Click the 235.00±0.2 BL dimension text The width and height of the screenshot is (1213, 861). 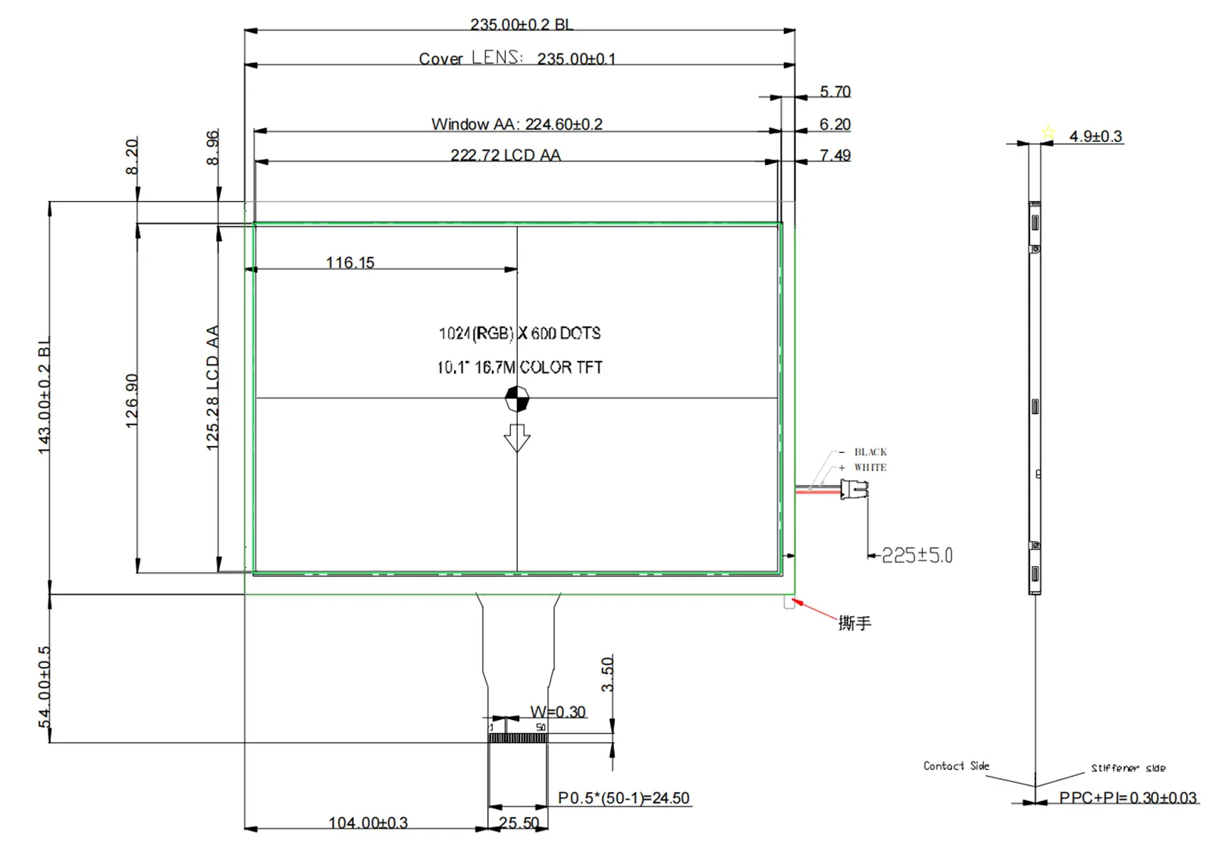pyautogui.click(x=521, y=24)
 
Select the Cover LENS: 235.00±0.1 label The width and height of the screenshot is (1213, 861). pyautogui.click(x=517, y=58)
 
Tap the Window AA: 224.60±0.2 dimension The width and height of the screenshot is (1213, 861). pyautogui.click(x=517, y=124)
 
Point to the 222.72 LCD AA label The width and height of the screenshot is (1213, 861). pyautogui.click(x=506, y=155)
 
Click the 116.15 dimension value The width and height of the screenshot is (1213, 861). pyautogui.click(x=350, y=262)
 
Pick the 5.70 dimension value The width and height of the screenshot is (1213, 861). pyautogui.click(x=835, y=92)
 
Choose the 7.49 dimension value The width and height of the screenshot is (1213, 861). pyautogui.click(x=835, y=156)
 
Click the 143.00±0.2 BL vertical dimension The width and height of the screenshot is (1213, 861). pyautogui.click(x=44, y=396)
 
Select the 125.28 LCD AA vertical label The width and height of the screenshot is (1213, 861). pyautogui.click(x=212, y=388)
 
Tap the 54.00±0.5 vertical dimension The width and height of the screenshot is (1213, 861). pyautogui.click(x=44, y=686)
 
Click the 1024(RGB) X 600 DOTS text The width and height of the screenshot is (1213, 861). pyautogui.click(x=519, y=333)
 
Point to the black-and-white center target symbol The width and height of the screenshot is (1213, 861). pyautogui.click(x=517, y=398)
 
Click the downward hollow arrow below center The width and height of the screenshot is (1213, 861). pyautogui.click(x=517, y=438)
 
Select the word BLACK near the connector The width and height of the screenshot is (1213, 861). pyautogui.click(x=870, y=452)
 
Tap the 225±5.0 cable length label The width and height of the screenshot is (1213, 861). pyautogui.click(x=917, y=555)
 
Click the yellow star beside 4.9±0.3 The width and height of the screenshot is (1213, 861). pyautogui.click(x=1048, y=132)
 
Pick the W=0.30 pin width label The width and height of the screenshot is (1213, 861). pyautogui.click(x=558, y=712)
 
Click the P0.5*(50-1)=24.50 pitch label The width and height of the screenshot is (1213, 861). pyautogui.click(x=624, y=798)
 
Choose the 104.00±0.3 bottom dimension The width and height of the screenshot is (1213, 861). pyautogui.click(x=368, y=822)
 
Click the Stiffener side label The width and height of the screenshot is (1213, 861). pyautogui.click(x=1128, y=768)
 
